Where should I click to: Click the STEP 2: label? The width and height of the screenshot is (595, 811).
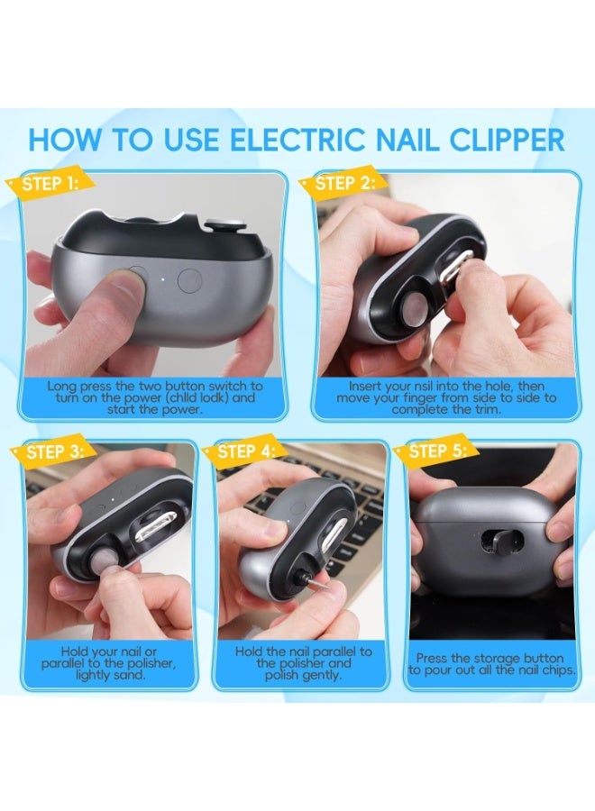pyautogui.click(x=347, y=185)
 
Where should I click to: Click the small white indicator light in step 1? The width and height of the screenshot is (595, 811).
pyautogui.click(x=162, y=278)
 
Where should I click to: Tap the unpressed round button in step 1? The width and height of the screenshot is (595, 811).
pyautogui.click(x=190, y=279)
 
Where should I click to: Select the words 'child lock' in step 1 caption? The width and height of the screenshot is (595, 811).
pyautogui.click(x=199, y=397)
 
